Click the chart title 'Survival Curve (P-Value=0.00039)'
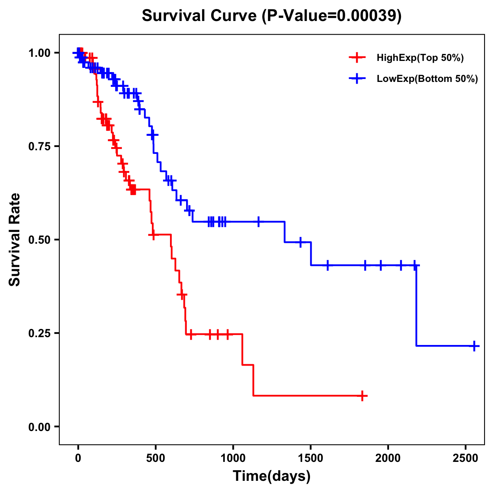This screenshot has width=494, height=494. coord(271,16)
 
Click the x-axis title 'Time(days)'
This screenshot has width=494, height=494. coord(272,476)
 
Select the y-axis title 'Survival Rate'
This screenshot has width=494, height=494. coord(15,239)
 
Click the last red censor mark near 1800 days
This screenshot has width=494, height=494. coord(362,396)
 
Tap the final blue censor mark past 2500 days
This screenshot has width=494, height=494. coord(474,346)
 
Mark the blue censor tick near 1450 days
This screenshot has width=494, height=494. coord(301,242)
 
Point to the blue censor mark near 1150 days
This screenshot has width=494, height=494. coord(259,221)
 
